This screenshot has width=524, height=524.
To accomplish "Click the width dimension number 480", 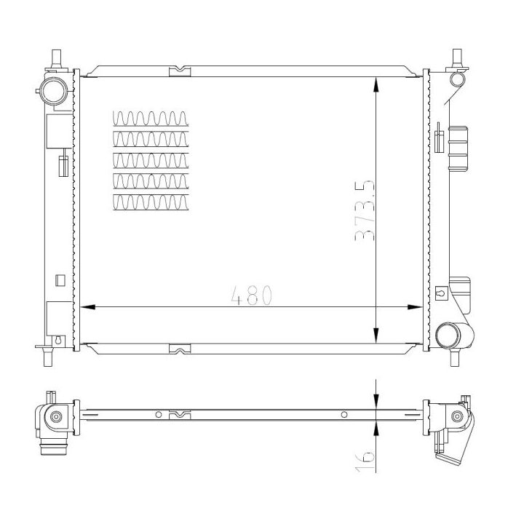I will point(251,295).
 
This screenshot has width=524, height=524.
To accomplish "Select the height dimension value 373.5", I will point(364,211).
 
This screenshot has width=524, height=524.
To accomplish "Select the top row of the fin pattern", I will point(151,119).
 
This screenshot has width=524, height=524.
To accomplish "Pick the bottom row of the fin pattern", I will point(151,203).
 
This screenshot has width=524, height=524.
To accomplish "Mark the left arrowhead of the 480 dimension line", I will point(84,307).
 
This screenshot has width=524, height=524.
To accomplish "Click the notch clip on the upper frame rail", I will point(179,71).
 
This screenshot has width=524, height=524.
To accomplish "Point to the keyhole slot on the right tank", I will point(440,293).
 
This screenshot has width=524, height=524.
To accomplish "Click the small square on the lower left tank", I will point(60,279).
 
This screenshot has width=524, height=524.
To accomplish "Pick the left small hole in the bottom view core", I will point(158,416).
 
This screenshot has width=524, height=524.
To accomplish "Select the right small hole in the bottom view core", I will point(344,416).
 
